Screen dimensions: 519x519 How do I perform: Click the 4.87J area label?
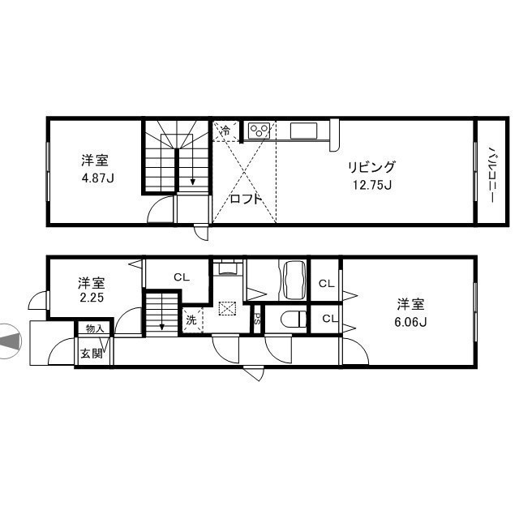[97, 178]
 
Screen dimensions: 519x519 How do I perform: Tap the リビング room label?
[371, 167]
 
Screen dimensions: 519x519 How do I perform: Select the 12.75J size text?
[371, 184]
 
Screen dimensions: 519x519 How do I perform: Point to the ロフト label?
[246, 199]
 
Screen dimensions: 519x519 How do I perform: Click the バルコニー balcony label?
[491, 171]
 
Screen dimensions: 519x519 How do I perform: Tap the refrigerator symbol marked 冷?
[225, 130]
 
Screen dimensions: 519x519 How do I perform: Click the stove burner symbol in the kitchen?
[260, 130]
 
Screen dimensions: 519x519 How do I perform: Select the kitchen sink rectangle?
[307, 131]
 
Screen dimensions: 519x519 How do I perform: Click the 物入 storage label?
[94, 329]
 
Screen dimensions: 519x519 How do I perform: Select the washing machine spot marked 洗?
[191, 320]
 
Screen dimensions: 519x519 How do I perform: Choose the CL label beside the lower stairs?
[180, 277]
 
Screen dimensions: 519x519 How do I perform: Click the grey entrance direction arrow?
[10, 341]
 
